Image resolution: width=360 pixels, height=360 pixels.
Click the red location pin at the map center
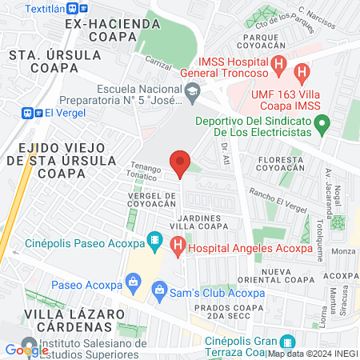[180, 162]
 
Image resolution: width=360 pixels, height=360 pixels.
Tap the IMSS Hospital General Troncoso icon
[278, 65]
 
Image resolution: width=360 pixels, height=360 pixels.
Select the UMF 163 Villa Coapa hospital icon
[302, 74]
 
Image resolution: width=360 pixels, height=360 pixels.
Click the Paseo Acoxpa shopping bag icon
[134, 282]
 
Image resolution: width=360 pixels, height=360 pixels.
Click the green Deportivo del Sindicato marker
[322, 124]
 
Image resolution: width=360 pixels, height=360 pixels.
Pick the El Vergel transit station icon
[32, 114]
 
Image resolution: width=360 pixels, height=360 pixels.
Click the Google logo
[26, 349]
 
